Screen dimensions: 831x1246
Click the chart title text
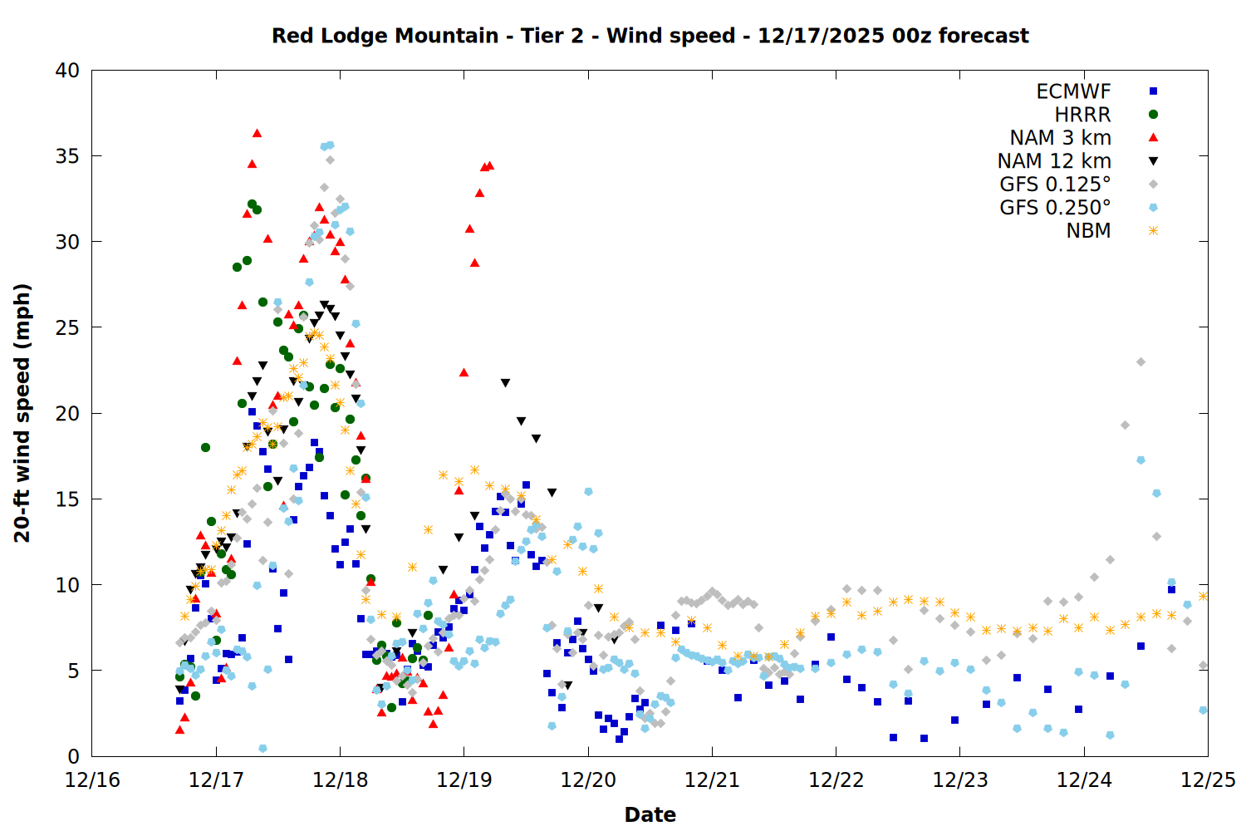click(650, 36)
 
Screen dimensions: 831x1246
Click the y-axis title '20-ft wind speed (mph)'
click(22, 413)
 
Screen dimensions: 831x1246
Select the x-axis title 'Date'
click(650, 814)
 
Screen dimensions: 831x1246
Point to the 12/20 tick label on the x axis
click(588, 780)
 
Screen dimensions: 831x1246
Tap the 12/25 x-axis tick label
click(1208, 780)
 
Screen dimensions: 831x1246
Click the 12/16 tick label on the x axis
click(92, 780)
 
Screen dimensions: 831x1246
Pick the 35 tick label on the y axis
click(67, 156)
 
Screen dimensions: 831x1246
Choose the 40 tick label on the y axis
click(67, 71)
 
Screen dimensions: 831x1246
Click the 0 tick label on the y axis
click(73, 756)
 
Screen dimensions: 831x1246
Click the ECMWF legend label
click(1073, 91)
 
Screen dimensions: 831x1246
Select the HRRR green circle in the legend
click(1153, 115)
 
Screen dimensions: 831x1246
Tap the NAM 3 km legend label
click(1060, 138)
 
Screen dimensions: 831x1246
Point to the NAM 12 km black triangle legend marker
click(1153, 161)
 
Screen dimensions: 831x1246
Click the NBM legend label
click(1088, 231)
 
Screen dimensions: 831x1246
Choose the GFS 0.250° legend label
click(1055, 208)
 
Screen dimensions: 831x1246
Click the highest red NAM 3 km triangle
click(257, 133)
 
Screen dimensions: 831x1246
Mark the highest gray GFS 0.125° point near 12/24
click(1141, 362)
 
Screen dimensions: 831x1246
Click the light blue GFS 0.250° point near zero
click(262, 749)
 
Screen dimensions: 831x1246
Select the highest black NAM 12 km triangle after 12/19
click(505, 383)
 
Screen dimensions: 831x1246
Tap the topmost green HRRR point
click(252, 204)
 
